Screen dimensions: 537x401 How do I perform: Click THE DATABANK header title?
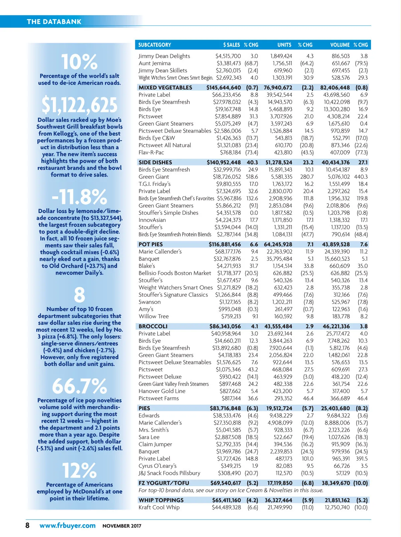pyautogui.click(x=54, y=22)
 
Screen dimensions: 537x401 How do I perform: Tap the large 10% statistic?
pyautogui.click(x=79, y=62)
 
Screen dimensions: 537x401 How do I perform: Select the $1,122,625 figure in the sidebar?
pyautogui.click(x=79, y=105)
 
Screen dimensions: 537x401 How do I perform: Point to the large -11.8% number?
pyautogui.click(x=79, y=197)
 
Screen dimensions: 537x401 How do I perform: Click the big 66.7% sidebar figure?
pyautogui.click(x=79, y=386)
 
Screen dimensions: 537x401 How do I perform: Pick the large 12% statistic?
pyautogui.click(x=79, y=470)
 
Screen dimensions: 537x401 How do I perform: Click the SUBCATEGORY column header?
pyautogui.click(x=154, y=45)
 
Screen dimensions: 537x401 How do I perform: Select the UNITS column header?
pyautogui.click(x=284, y=45)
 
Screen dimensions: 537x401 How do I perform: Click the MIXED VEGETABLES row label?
pyautogui.click(x=165, y=88)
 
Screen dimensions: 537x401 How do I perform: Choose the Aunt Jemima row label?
pyautogui.click(x=154, y=63)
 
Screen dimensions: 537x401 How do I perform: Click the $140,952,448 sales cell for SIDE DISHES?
pyautogui.click(x=224, y=163)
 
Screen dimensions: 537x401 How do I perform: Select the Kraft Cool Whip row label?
pyautogui.click(x=159, y=507)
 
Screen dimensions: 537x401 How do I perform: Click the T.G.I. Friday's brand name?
pyautogui.click(x=154, y=184)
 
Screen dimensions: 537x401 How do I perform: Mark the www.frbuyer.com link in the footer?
pyautogui.click(x=68, y=525)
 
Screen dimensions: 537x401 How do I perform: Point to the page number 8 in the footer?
pyautogui.click(x=27, y=525)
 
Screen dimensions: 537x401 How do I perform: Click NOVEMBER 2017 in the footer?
pyautogui.click(x=122, y=526)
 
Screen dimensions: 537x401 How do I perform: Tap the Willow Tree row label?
pyautogui.click(x=154, y=316)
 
